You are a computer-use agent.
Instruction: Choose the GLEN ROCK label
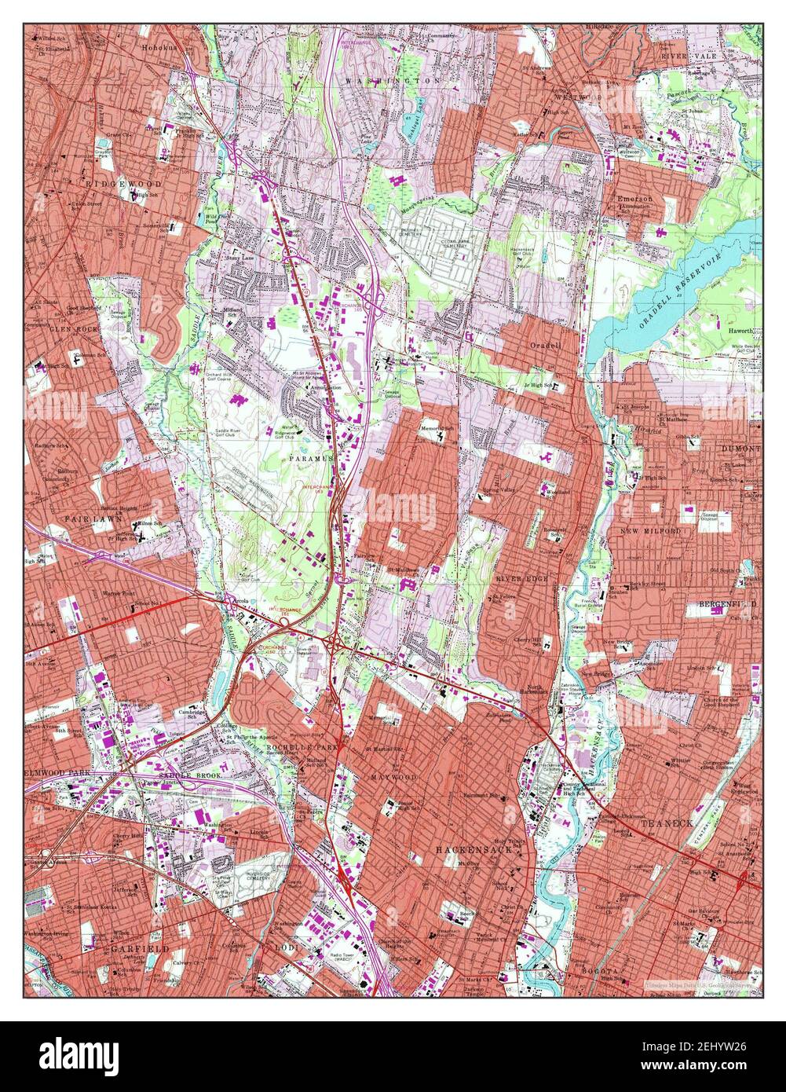point(73,329)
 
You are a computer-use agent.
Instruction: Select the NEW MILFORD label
point(650,532)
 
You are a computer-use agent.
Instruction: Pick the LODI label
point(285,947)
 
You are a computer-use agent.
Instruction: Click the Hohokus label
point(161,47)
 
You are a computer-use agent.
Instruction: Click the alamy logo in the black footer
point(79,1055)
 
